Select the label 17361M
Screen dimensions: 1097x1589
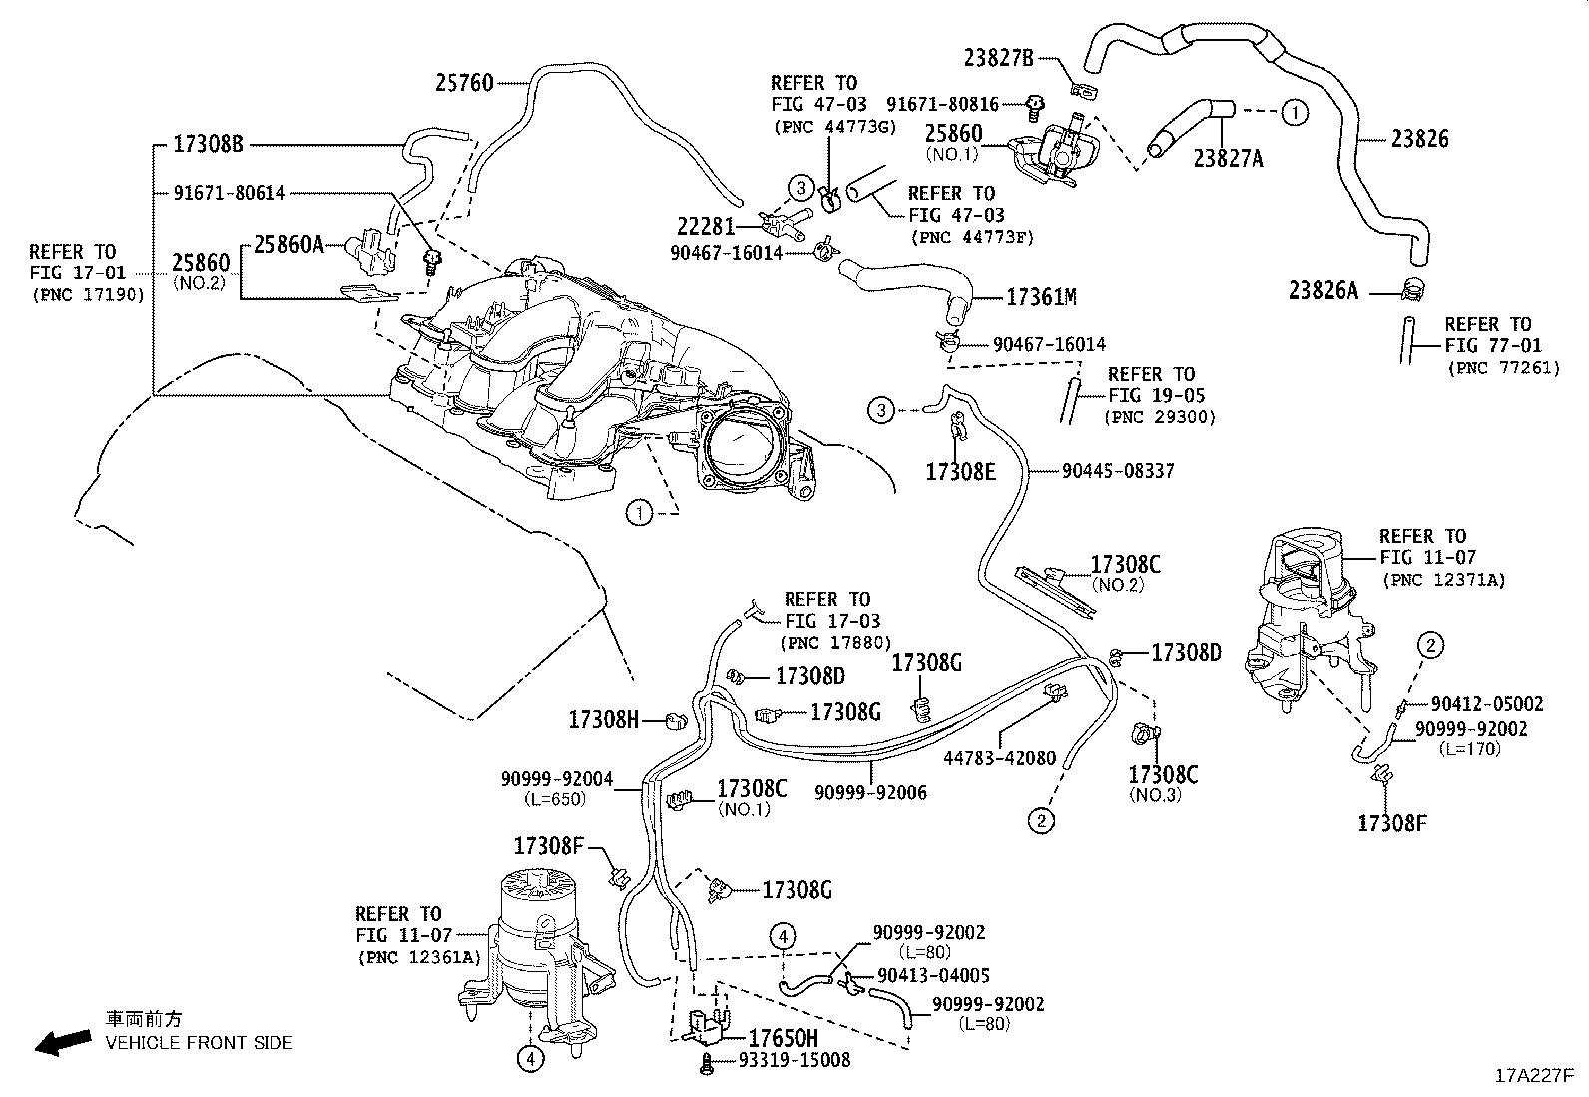(x=1041, y=297)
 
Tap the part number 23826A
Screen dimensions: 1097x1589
(x=1324, y=290)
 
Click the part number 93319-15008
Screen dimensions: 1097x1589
(x=794, y=1060)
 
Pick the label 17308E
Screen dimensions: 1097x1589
(x=960, y=472)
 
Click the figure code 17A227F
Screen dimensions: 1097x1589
(x=1533, y=1076)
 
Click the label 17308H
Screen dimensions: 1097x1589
(x=603, y=719)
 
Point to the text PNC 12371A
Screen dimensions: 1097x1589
(x=1443, y=579)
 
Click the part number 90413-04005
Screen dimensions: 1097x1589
(x=933, y=976)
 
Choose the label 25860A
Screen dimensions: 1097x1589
(x=287, y=244)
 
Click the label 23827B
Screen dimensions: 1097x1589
(x=998, y=57)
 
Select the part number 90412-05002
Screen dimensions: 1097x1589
(x=1486, y=704)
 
